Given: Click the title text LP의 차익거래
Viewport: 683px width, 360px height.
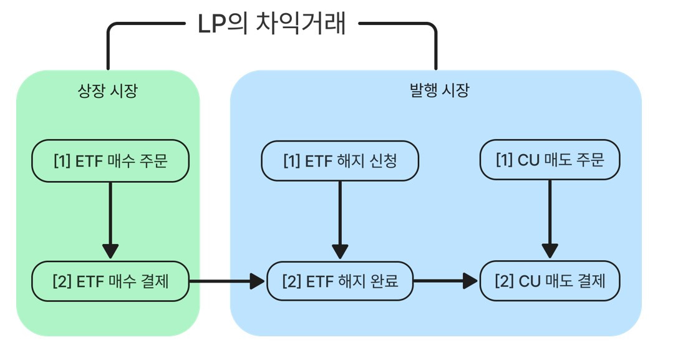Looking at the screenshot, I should [271, 25].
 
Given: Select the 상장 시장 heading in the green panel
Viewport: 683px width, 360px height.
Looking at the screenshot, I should [107, 91].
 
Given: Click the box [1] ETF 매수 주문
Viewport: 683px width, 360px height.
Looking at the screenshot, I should [110, 161].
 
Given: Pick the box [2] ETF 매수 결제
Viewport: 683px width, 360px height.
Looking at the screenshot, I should [110, 281].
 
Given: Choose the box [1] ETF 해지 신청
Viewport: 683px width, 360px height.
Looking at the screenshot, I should [339, 161].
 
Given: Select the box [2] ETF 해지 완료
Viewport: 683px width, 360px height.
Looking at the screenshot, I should [339, 281].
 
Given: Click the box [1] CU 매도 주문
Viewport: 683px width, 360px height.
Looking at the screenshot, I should [550, 160].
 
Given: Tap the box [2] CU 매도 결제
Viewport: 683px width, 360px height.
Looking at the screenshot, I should [550, 281].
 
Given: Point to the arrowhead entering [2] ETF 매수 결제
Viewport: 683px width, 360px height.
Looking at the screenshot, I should [110, 251].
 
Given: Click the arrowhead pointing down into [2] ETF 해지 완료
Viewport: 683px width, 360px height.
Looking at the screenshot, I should [340, 251].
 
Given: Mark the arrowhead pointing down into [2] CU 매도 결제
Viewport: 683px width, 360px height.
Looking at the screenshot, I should [550, 250].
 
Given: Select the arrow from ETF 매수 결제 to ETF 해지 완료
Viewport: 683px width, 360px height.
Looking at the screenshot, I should [225, 281].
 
